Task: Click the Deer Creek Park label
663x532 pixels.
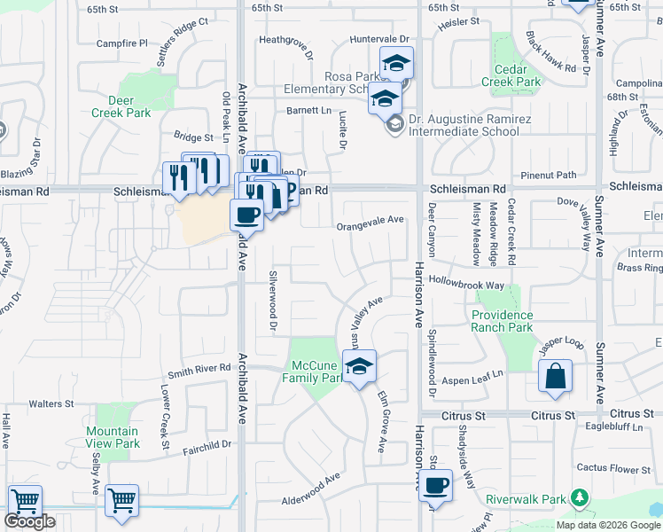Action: click(121, 106)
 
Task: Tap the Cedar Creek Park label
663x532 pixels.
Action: click(511, 75)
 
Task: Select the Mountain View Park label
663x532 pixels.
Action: click(113, 437)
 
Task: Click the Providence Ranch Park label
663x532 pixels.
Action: click(502, 321)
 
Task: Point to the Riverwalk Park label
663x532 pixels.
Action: click(526, 499)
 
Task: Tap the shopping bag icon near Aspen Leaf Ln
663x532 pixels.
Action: click(554, 375)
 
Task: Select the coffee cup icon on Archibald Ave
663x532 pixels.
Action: click(247, 214)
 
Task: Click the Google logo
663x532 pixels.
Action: click(29, 521)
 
